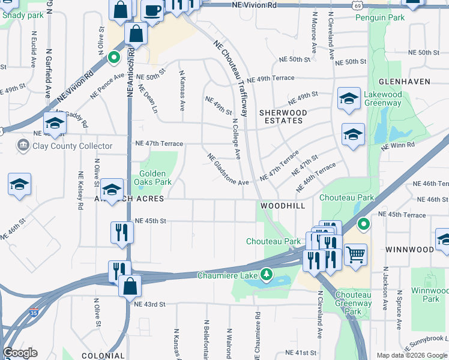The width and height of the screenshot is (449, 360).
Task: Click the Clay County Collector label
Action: tap(73, 146)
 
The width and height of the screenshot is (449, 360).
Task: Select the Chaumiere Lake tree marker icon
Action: tap(265, 275)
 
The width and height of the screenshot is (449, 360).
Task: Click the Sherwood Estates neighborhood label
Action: tap(283, 116)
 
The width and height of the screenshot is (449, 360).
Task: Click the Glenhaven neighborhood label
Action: tap(402, 81)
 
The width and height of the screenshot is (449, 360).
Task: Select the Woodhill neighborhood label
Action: tap(283, 206)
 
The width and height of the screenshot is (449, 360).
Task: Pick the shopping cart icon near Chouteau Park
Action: tap(356, 254)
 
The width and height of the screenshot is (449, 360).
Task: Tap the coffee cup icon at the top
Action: tap(152, 10)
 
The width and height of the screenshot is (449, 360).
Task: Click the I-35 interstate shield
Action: tap(34, 313)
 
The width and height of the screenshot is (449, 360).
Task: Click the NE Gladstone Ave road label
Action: tap(228, 170)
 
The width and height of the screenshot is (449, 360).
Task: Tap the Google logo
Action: tap(20, 353)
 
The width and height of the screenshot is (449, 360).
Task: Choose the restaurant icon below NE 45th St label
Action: tap(122, 232)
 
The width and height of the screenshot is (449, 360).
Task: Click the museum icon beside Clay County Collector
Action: tap(23, 145)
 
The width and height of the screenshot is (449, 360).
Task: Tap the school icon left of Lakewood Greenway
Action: tap(349, 99)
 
